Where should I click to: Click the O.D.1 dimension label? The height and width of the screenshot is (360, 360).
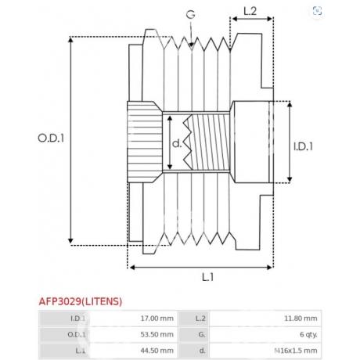pos(51,138)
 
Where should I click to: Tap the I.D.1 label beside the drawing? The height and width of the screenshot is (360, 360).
pos(303,146)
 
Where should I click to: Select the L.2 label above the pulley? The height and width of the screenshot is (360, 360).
pos(250,11)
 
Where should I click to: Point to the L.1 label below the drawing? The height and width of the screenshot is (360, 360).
pos(208,277)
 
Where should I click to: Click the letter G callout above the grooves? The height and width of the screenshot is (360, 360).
pos(190,15)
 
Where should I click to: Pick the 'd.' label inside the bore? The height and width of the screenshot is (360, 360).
pos(177,143)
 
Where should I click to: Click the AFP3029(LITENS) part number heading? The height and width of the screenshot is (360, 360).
pos(81,301)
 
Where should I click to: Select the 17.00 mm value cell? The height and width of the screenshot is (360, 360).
pos(157,319)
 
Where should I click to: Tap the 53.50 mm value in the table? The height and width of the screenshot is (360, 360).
pos(157,334)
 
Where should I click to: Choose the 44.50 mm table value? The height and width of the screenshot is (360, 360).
pos(157,351)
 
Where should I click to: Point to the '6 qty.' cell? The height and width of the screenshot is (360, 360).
pos(308,334)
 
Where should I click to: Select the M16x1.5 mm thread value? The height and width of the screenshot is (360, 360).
pos(296,351)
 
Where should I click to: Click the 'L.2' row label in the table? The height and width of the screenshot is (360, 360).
pos(200,319)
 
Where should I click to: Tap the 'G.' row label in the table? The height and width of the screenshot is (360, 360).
pos(202,334)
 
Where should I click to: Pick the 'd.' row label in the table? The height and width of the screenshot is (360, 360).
pos(203,351)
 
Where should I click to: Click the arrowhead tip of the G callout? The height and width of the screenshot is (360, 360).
pos(192,48)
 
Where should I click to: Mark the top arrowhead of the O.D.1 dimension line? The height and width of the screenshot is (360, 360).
pos(70,38)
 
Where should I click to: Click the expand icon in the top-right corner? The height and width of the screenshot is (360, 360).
pos(317,11)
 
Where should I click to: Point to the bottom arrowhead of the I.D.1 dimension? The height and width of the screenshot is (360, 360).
pos(290,182)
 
